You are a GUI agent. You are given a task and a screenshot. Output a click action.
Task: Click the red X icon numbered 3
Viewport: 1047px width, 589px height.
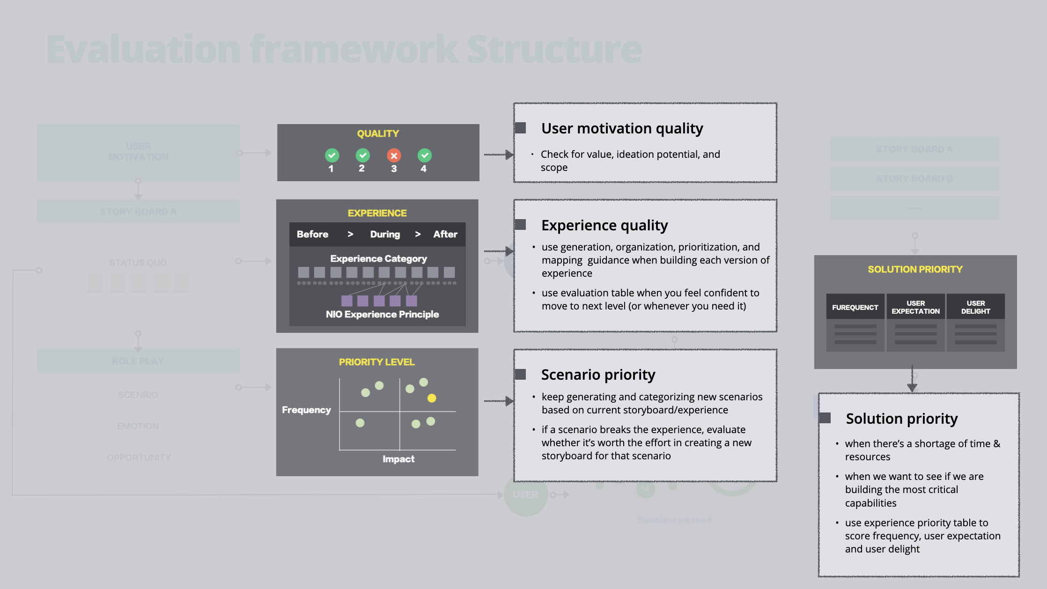tap(394, 155)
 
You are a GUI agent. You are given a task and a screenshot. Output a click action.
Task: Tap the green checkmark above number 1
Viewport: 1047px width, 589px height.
tap(332, 155)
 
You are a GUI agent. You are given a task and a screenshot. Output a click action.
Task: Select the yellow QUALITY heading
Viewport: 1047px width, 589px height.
tap(378, 133)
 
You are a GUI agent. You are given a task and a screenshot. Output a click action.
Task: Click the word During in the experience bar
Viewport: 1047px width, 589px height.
tap(385, 234)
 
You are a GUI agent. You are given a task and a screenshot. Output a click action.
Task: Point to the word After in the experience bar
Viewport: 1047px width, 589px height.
tap(445, 234)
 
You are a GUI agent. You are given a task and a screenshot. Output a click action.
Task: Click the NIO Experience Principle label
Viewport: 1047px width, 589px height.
tap(382, 314)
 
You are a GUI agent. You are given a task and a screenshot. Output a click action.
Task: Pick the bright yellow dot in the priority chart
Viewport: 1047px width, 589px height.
tap(432, 398)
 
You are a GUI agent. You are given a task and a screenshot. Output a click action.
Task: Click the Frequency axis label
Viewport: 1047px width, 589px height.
tap(306, 410)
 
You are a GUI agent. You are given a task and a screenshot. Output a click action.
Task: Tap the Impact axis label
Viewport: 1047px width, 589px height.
tap(398, 459)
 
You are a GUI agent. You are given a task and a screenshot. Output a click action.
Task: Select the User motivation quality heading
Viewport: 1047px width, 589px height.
tap(622, 128)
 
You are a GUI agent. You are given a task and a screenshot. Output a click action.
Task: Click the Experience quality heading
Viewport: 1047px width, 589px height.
tap(605, 225)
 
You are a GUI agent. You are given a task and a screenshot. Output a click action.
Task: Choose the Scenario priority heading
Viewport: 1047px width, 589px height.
tap(598, 375)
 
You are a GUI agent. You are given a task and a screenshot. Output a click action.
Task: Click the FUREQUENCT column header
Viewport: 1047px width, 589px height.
tap(855, 307)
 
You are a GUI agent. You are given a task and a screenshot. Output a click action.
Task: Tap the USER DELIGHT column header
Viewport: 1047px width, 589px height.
tap(975, 307)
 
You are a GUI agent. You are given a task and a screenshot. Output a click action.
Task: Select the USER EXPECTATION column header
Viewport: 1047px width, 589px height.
tap(915, 307)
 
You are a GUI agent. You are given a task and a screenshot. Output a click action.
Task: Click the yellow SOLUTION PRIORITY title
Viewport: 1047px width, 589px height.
tap(915, 269)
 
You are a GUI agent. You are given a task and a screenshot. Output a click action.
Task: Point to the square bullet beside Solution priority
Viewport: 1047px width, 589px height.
tap(826, 418)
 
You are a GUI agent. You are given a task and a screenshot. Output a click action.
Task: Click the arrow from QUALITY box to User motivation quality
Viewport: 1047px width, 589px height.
tap(498, 155)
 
